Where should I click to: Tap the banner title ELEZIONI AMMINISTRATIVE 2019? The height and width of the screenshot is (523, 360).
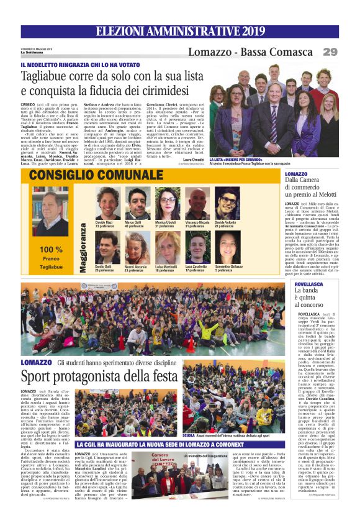[180, 31]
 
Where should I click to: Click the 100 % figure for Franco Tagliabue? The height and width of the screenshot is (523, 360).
[51, 249]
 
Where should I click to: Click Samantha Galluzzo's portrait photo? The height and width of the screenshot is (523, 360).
[228, 247]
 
